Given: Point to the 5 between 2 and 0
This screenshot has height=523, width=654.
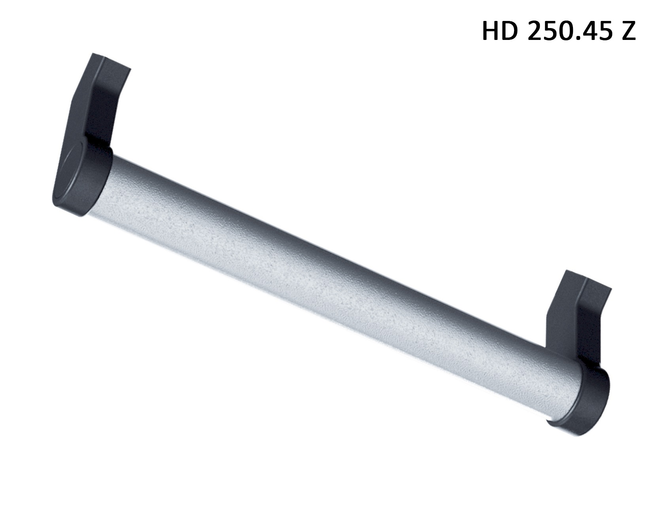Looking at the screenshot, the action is tap(550, 30).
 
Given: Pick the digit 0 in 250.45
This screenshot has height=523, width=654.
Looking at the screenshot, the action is tap(565, 30).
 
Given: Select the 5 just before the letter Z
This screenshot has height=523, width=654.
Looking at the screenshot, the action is tap(604, 30).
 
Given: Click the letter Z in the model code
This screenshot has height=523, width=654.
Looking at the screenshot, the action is tap(628, 30).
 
